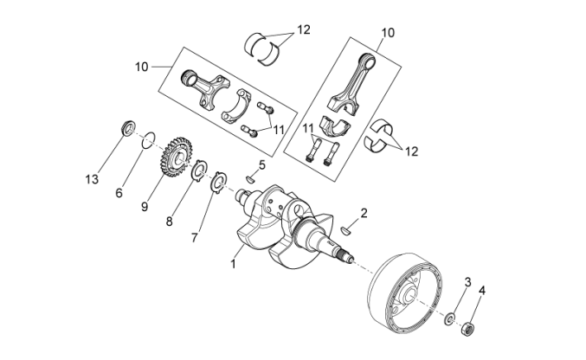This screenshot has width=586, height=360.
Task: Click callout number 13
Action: coord(92,179)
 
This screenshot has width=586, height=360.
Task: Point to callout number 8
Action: coord(170,221)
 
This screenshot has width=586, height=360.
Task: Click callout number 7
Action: coord(195,236)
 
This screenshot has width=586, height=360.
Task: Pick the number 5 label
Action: coord(261,164)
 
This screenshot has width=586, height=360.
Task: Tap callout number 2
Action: coord(364,212)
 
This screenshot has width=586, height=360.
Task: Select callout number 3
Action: coord(467,282)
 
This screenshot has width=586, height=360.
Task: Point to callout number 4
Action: coord(482,291)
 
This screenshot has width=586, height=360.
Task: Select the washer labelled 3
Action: coord(450,319)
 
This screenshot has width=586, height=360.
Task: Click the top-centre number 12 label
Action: coord(304,29)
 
